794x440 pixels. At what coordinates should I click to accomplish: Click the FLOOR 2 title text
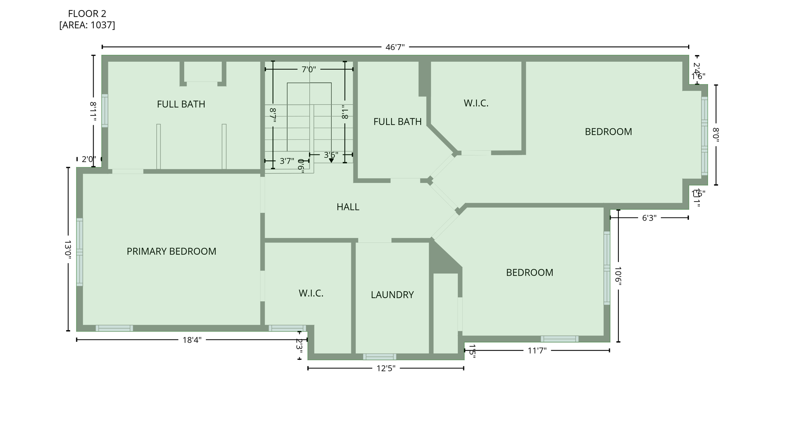coord(87,14)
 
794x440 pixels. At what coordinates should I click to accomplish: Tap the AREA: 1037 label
coord(87,25)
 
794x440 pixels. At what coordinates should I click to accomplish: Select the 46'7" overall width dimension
coord(395,47)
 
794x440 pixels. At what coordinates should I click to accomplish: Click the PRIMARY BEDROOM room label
coord(171,251)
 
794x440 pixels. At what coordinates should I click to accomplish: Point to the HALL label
coord(348,207)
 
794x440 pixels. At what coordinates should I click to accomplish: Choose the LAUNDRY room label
coord(392,295)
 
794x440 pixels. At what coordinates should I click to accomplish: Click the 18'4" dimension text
coord(192,340)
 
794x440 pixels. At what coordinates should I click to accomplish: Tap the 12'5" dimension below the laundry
coord(386,368)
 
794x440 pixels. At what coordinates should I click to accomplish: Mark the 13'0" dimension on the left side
coord(68,249)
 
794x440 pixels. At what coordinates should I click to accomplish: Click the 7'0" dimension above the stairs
coord(309,69)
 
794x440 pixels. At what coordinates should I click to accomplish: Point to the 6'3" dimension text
coord(649,218)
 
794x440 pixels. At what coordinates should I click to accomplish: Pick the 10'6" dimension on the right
coord(618,276)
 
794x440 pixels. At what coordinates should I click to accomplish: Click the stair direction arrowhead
coord(331,160)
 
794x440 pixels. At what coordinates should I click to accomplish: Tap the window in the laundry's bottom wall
coord(379,357)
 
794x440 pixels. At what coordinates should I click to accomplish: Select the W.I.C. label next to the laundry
coord(311,293)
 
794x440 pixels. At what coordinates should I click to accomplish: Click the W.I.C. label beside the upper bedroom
coord(476,103)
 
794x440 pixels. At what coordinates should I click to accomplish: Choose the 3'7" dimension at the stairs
coord(287,161)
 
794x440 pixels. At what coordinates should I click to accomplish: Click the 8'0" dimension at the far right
coord(716,135)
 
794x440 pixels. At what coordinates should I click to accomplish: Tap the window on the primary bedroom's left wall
coord(79,252)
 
